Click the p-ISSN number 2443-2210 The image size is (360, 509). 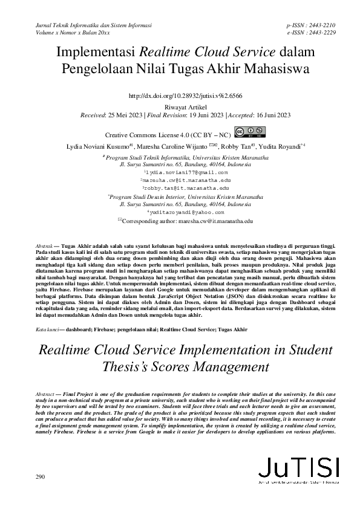pyautogui.click(x=324, y=25)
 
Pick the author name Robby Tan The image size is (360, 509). pyautogui.click(x=233, y=146)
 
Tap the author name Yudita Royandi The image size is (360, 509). pyautogui.click(x=279, y=146)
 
